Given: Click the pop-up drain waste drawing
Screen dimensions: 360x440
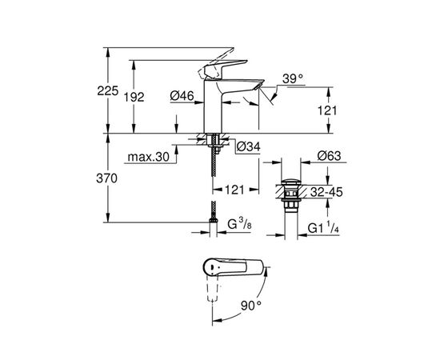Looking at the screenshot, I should pyautogui.click(x=289, y=197).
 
